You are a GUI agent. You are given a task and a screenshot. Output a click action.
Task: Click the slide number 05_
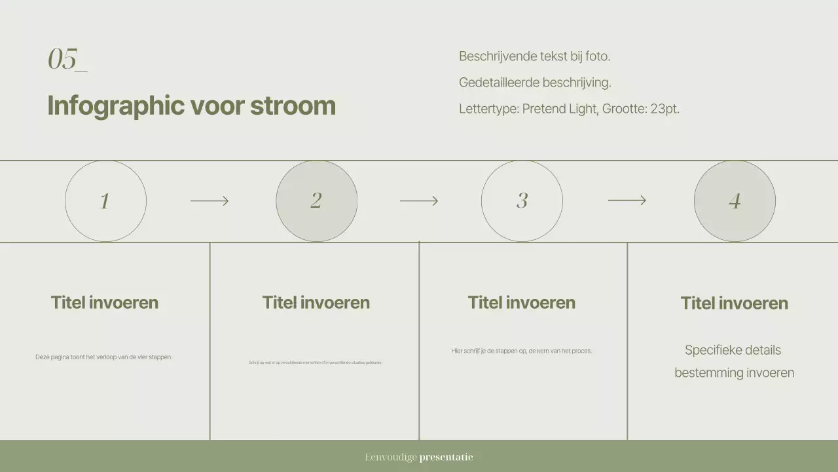(x=67, y=59)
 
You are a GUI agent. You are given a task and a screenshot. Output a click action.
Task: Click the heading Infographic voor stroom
(x=191, y=106)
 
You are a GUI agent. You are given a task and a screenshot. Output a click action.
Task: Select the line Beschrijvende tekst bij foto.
(x=534, y=56)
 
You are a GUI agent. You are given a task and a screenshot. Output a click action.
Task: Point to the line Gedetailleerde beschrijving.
(x=535, y=83)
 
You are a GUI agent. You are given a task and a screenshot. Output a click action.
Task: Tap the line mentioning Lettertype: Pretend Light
(x=569, y=109)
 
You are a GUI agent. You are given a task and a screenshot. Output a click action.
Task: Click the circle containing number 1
(x=105, y=201)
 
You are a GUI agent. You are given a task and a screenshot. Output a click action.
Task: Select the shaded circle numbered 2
(x=316, y=201)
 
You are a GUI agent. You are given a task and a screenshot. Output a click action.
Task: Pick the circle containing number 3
(x=522, y=201)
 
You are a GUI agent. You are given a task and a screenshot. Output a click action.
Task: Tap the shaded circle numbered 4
(x=735, y=201)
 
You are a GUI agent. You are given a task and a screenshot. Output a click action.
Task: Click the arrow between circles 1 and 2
(x=209, y=201)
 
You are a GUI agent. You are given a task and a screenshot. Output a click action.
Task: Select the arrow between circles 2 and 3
(x=419, y=201)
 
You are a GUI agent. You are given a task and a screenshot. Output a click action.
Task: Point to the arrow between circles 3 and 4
(x=627, y=200)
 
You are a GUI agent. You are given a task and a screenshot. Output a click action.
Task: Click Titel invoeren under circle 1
(x=105, y=302)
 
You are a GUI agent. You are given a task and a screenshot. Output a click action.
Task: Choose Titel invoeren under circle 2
(x=316, y=302)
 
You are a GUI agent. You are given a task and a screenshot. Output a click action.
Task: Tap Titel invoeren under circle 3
(x=522, y=302)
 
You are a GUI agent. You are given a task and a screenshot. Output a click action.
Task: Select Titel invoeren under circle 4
(x=734, y=303)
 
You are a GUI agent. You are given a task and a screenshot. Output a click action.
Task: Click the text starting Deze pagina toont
(x=103, y=357)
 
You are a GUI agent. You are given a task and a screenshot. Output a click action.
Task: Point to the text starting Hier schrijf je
(x=521, y=351)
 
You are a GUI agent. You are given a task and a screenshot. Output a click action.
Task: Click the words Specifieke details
(x=733, y=350)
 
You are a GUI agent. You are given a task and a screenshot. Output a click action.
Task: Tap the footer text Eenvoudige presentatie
(x=419, y=457)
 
